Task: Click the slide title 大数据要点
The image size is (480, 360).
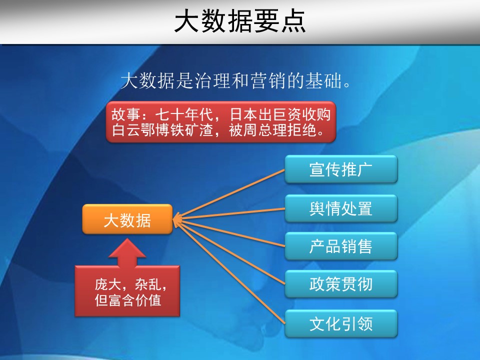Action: tap(240, 21)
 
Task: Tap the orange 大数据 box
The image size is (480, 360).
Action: tap(127, 219)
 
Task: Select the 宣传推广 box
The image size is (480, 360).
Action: tap(341, 169)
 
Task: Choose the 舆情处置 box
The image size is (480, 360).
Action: tap(341, 208)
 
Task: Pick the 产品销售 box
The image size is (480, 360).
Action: tap(341, 246)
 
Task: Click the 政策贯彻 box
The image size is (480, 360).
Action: tap(341, 284)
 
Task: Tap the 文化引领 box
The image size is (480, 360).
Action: tap(341, 323)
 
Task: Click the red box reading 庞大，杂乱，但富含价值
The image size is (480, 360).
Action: tap(127, 291)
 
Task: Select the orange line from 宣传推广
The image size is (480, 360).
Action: tap(229, 194)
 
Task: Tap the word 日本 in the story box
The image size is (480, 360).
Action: tap(243, 115)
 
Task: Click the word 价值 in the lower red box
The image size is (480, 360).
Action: tap(147, 300)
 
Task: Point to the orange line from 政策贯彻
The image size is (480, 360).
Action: tap(229, 252)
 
